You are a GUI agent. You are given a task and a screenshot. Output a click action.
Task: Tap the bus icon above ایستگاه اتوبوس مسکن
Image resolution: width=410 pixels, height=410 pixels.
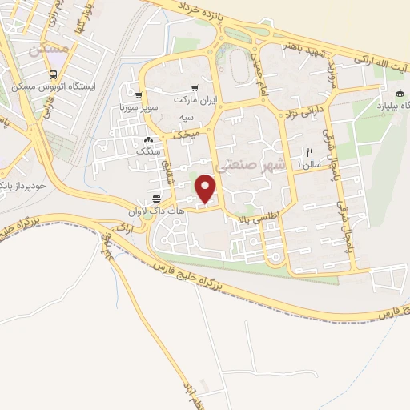pyautogui.click(x=38, y=74)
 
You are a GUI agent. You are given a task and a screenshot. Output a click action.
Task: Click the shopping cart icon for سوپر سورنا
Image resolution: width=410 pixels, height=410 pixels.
pyautogui.click(x=139, y=95)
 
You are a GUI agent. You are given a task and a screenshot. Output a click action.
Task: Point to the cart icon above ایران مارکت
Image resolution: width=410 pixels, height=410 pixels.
pyautogui.click(x=194, y=88)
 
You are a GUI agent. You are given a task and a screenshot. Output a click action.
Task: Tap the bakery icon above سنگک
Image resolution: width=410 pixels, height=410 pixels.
pyautogui.click(x=148, y=139)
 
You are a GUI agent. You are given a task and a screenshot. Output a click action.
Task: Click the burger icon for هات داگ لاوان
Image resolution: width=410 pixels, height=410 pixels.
pyautogui.click(x=156, y=195)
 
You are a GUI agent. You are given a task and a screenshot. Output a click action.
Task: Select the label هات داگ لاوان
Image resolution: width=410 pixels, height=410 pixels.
pyautogui.click(x=164, y=208)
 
